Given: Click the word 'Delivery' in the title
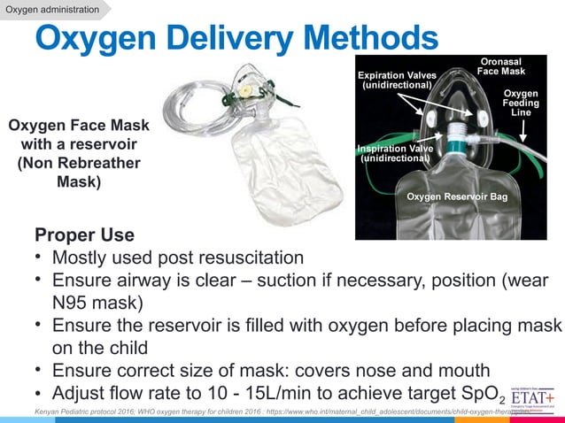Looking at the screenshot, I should pos(235,38).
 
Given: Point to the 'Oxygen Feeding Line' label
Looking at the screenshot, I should pos(522,103).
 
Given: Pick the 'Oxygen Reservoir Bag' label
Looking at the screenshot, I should pos(456,196).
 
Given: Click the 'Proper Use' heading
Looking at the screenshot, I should pos(84,235).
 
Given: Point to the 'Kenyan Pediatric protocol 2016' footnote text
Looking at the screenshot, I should pos(97,413).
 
